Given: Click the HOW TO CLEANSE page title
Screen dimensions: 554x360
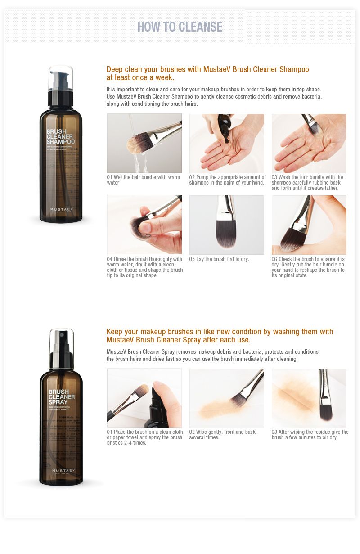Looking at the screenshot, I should tap(180, 27).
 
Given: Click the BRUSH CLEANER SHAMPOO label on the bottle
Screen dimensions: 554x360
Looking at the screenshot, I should tap(60, 137).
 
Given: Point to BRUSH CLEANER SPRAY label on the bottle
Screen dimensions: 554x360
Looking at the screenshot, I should tap(61, 397).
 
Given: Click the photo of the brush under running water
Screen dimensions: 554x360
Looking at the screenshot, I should tap(144, 143).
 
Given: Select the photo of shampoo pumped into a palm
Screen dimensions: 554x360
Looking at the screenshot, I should tap(226, 143).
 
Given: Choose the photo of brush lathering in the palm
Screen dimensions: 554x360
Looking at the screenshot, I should tap(309, 143).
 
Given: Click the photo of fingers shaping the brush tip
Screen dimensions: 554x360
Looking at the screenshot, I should tap(144, 225).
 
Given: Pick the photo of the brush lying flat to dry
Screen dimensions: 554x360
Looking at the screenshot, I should tap(226, 225).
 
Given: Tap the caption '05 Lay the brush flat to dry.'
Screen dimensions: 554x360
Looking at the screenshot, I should tap(219, 259).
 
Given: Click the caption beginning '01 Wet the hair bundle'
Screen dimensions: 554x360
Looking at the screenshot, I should tap(144, 180).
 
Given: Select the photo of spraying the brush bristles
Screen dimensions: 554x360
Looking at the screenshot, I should tap(144, 398).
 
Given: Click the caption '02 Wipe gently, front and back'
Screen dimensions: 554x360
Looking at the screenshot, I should tap(223, 435).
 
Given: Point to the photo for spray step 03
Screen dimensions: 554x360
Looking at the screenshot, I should tap(309, 398).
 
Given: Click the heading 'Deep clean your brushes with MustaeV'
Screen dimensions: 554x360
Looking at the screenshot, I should tap(207, 73).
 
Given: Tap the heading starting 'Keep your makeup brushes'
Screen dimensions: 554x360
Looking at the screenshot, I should tap(220, 336).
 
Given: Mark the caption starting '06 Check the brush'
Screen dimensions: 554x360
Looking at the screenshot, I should tap(308, 267).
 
